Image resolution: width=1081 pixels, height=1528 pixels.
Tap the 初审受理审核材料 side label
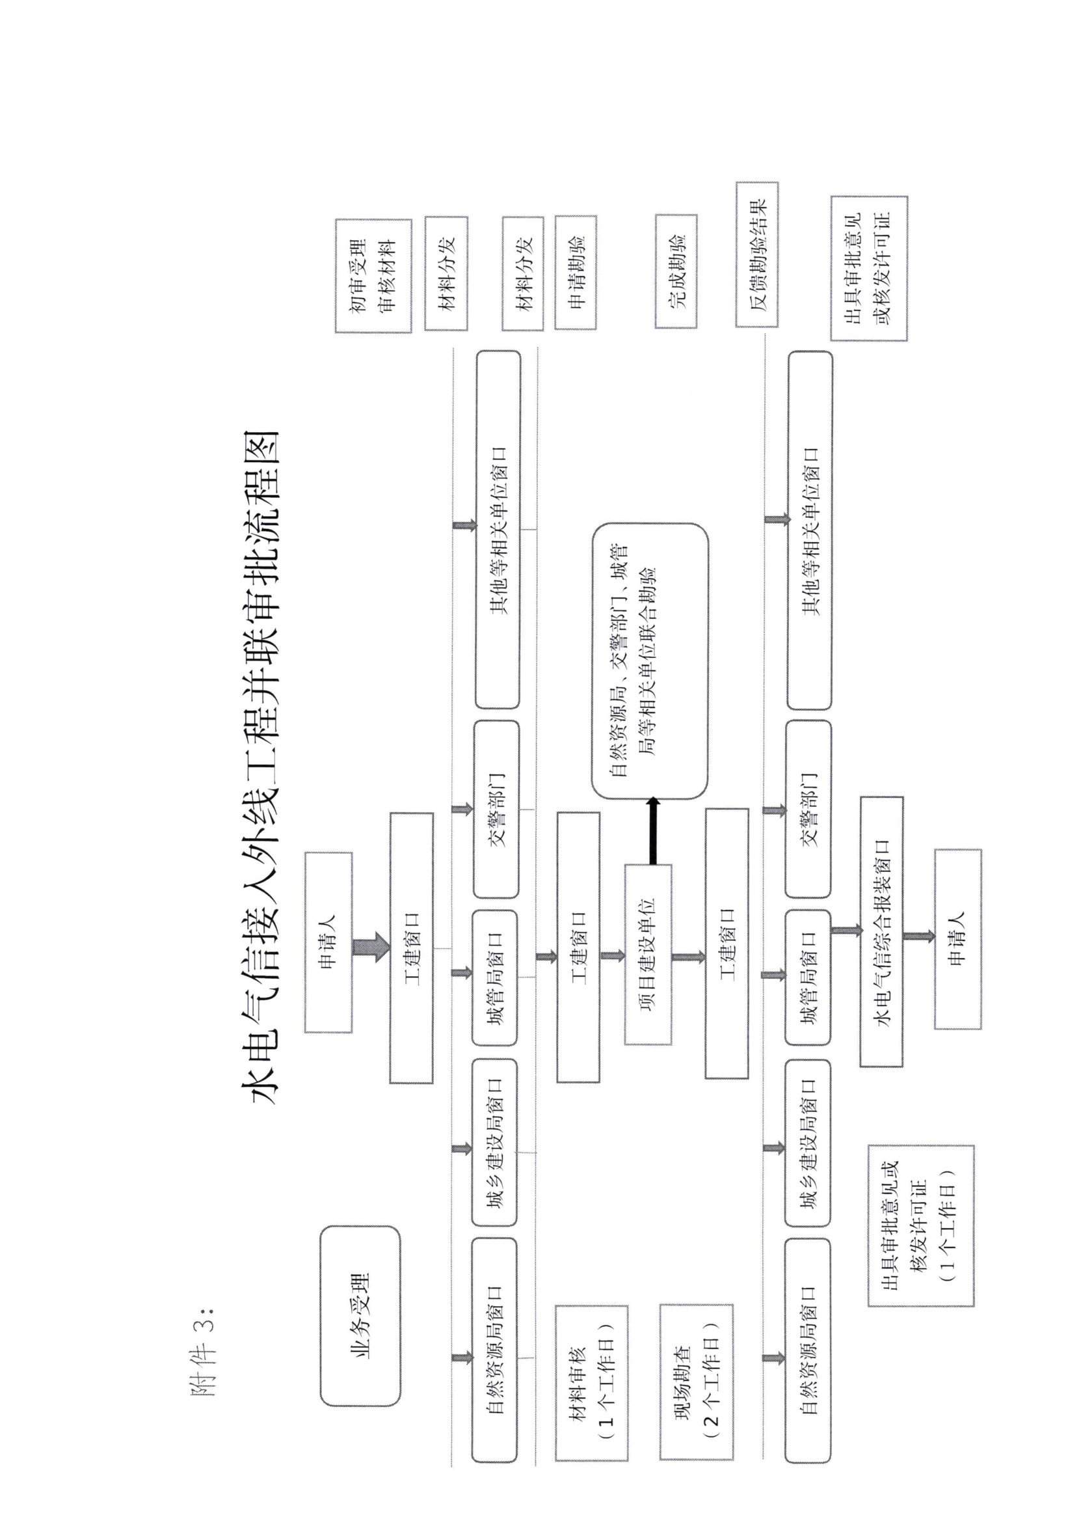[x=373, y=276]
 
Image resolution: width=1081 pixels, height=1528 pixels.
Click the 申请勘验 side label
[x=576, y=271]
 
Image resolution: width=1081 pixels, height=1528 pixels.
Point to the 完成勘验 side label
[x=676, y=271]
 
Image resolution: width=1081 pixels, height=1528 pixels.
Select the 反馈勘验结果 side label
[x=757, y=255]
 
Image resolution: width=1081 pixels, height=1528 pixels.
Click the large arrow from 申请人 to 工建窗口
[x=371, y=947]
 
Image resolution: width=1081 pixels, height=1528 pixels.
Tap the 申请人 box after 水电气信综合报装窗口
[x=957, y=939]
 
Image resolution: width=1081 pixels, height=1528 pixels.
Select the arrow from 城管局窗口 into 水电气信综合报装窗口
[x=846, y=931]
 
